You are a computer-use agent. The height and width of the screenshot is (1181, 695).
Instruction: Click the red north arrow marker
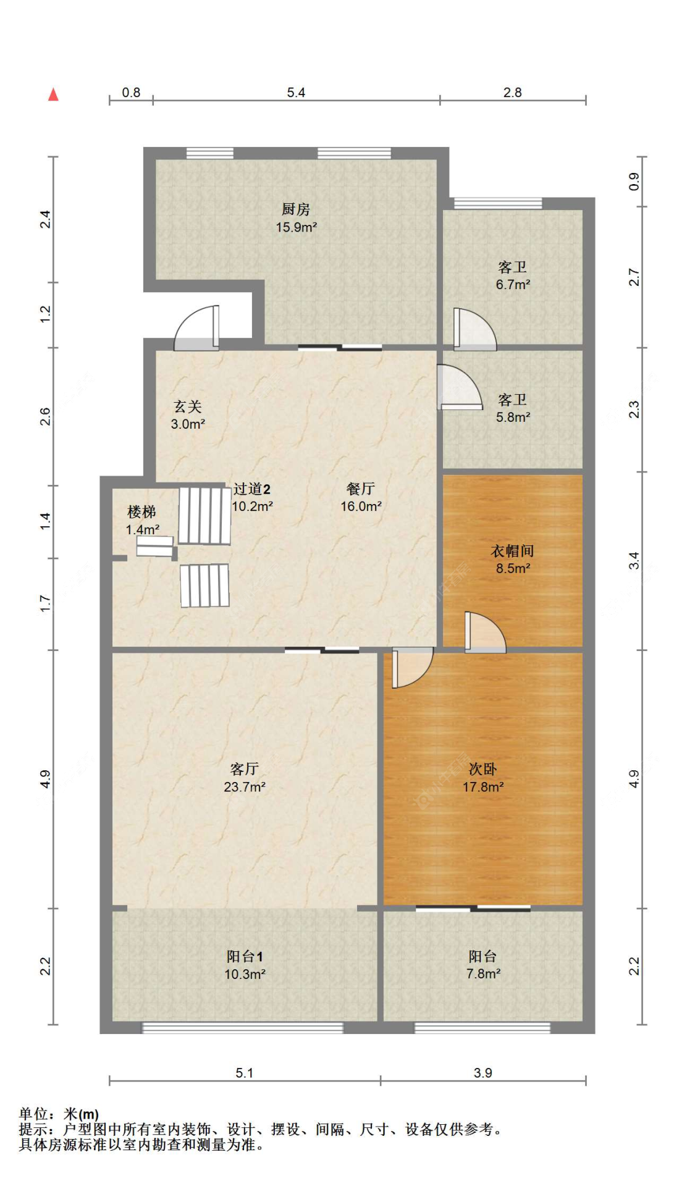[54, 95]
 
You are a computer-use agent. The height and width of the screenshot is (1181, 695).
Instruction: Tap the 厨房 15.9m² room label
[296, 218]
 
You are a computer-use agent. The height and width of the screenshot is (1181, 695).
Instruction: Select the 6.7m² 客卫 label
[512, 275]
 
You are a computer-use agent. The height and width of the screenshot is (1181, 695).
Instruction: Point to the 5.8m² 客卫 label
[512, 408]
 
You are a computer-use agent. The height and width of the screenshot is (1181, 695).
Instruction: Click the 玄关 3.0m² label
[188, 415]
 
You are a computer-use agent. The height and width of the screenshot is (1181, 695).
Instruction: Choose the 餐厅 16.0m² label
[361, 497]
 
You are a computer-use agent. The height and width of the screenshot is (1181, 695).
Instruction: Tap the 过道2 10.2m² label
[252, 497]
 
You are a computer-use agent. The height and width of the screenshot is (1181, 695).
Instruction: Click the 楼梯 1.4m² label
[142, 520]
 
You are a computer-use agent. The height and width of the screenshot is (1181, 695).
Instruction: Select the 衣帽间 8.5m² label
[512, 559]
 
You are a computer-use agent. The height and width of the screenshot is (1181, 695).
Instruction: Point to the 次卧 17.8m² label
[482, 777]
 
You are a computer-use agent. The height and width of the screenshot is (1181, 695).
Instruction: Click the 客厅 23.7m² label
[245, 777]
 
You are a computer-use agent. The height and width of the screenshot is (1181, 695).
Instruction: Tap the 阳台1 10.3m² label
[245, 965]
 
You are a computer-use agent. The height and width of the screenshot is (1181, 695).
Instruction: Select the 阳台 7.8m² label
[482, 965]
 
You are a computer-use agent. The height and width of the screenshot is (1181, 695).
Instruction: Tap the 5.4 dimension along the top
[296, 93]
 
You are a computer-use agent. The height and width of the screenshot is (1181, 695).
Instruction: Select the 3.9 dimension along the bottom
[482, 1073]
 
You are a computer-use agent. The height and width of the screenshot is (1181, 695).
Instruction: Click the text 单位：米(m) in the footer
[59, 1114]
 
